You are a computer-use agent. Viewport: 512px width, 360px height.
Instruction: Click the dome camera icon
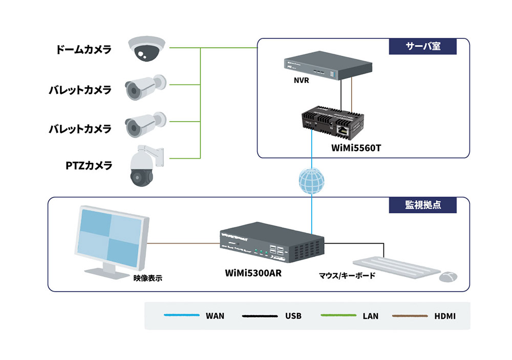point(146,49)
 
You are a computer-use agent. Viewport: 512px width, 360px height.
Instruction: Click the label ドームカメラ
point(83,50)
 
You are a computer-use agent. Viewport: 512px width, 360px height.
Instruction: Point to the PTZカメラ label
point(89,165)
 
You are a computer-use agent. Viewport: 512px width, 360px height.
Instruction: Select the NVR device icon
point(328,65)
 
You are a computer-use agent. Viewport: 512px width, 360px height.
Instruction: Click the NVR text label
point(301,80)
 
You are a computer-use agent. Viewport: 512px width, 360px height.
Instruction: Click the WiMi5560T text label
point(356,148)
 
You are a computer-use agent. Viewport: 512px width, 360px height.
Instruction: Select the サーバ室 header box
point(422,47)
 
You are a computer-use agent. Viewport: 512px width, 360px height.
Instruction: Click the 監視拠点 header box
point(422,205)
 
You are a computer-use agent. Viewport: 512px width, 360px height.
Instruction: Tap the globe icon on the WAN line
point(311,181)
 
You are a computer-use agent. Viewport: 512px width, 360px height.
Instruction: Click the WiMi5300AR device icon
point(272,242)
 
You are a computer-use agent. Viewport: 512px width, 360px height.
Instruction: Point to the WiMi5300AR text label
point(253,273)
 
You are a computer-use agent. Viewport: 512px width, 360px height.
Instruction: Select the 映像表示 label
point(147,278)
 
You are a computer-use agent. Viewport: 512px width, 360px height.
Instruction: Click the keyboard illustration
point(396,267)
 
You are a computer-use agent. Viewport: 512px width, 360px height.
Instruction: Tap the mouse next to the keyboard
point(448,277)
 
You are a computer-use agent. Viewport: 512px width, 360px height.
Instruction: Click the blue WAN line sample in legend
point(182,315)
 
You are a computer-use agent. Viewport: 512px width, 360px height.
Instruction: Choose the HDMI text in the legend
point(445,316)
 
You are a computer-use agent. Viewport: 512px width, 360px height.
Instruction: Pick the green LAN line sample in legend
point(338,315)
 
